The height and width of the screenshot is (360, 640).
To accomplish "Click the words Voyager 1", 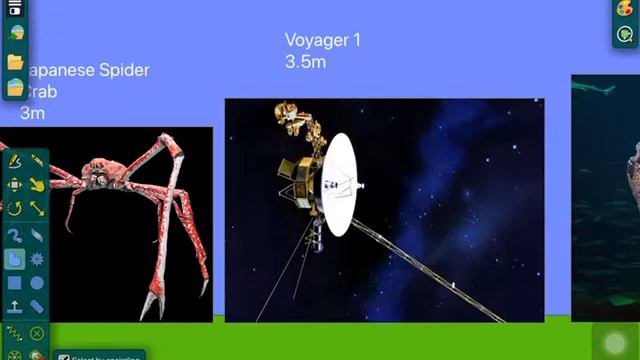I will (322, 41).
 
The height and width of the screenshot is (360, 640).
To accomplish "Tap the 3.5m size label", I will (306, 62).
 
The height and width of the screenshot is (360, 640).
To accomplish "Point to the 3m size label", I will (32, 113).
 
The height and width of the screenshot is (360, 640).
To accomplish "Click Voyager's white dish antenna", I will (339, 184).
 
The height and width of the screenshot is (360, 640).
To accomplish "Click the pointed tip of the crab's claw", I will (149, 311).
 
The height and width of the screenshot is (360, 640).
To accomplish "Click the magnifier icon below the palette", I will (625, 35).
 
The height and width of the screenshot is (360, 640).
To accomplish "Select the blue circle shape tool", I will (37, 284).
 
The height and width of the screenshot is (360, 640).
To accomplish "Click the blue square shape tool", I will (15, 284).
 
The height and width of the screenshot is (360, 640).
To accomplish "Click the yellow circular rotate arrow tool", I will (15, 209).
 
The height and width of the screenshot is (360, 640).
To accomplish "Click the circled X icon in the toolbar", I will (37, 333).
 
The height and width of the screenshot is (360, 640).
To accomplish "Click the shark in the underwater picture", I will (596, 89).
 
